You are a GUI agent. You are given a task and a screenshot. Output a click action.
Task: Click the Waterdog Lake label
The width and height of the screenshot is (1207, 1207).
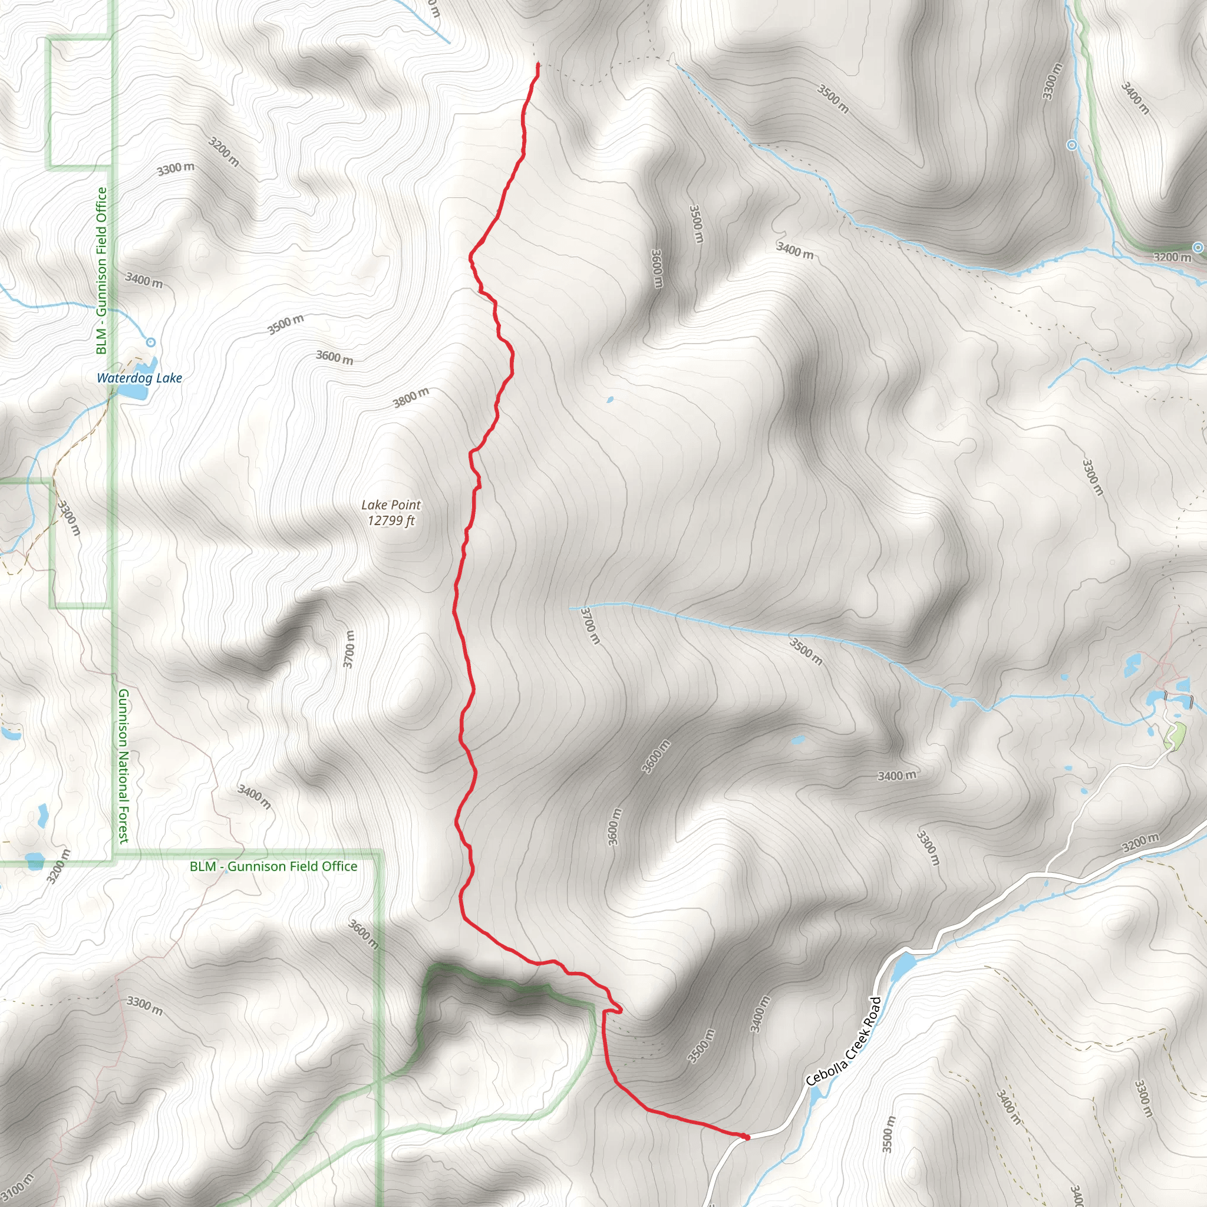pos(139,378)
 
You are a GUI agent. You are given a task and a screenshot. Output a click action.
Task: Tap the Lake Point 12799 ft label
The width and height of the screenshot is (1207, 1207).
pos(391,513)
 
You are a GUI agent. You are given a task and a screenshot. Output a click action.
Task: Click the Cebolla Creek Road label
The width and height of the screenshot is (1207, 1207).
pos(843,1041)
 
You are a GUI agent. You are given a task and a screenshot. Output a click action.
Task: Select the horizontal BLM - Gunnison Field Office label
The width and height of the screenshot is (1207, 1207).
pos(273,866)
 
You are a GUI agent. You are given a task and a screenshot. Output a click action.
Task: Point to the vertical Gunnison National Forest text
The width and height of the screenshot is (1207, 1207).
pos(124,766)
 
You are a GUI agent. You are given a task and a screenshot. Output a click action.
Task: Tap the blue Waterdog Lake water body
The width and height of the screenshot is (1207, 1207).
pos(134,391)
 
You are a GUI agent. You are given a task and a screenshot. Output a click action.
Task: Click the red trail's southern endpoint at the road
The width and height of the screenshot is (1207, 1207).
pos(747,1137)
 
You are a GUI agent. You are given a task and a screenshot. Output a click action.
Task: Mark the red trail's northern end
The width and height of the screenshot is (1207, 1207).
pos(538,64)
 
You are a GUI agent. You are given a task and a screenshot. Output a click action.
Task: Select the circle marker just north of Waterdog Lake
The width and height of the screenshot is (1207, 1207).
pos(150,342)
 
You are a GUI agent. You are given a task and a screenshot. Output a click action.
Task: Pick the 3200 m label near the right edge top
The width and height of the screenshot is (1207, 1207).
pos(1172,258)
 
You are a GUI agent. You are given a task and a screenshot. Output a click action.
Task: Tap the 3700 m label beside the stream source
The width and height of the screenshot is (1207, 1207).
pos(590,625)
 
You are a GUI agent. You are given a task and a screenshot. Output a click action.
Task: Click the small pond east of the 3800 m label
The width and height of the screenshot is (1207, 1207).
pos(610,400)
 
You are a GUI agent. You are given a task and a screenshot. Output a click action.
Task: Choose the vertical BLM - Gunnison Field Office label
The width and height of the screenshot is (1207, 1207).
pos(102,271)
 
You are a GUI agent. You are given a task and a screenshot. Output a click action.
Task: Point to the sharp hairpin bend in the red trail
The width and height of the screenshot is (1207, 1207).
pos(620,1010)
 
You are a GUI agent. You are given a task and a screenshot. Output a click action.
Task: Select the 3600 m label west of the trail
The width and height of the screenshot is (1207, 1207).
pos(335,357)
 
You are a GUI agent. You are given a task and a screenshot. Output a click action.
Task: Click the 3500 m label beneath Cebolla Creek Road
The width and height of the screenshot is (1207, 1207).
pos(888,1134)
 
